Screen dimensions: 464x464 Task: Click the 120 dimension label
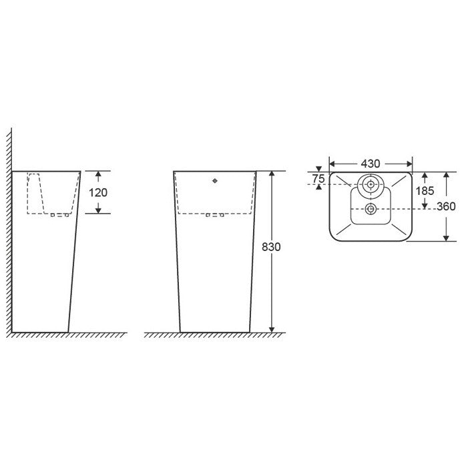pyautogui.click(x=98, y=193)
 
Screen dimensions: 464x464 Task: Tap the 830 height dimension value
pyautogui.click(x=271, y=247)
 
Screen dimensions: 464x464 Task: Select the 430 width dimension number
pyautogui.click(x=371, y=164)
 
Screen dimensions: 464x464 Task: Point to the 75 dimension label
pyautogui.click(x=318, y=179)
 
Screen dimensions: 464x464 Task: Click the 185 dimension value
pyautogui.click(x=425, y=191)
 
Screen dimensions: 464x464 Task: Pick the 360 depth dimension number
pyautogui.click(x=446, y=206)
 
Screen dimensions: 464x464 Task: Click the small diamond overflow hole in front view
pyautogui.click(x=215, y=181)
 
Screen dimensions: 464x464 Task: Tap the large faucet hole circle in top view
pyautogui.click(x=371, y=185)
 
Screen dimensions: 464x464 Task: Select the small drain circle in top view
pyautogui.click(x=371, y=209)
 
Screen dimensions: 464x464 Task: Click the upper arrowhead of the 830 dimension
pyautogui.click(x=272, y=174)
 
